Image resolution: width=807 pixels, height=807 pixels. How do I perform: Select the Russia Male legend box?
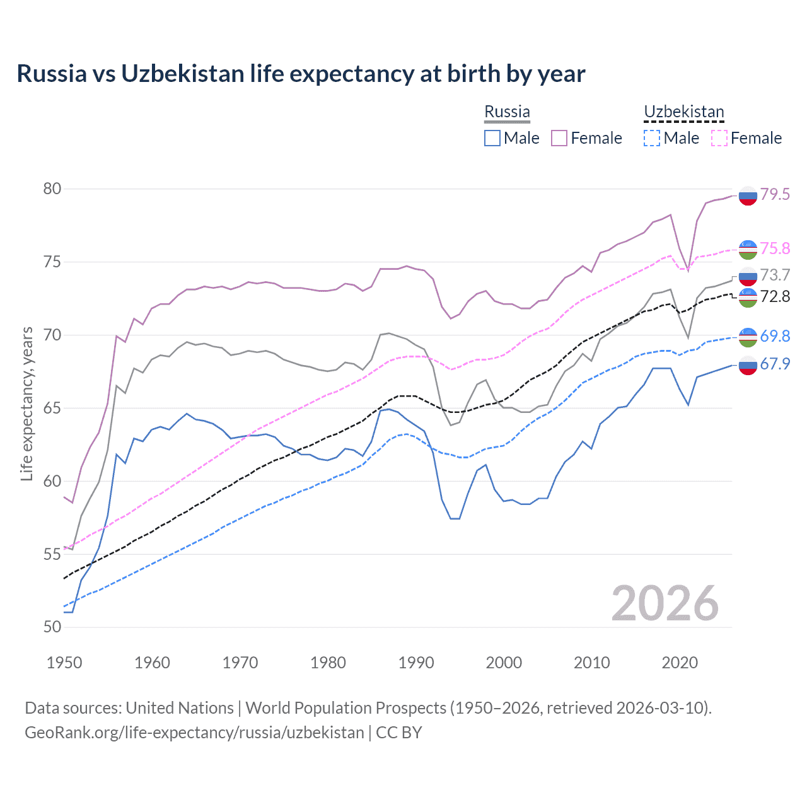click(492, 138)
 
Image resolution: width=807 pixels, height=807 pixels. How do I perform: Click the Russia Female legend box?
click(559, 138)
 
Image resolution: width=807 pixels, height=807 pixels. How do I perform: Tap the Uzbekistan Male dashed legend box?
click(652, 138)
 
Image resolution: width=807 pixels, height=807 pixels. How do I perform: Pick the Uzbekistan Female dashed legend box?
click(719, 138)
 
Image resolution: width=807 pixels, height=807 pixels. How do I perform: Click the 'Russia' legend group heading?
click(507, 112)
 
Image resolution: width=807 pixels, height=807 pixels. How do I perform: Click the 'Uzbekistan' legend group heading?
click(683, 112)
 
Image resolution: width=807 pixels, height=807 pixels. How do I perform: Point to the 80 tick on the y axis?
click(52, 189)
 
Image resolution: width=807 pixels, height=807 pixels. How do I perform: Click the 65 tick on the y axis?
click(52, 408)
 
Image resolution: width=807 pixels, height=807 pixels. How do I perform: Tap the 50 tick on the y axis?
click(52, 627)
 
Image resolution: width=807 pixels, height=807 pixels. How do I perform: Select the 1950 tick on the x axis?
click(64, 663)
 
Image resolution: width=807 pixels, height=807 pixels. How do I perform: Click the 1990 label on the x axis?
click(416, 663)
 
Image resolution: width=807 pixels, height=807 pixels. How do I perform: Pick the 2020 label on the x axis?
click(680, 663)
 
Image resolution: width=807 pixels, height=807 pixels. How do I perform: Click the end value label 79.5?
click(775, 194)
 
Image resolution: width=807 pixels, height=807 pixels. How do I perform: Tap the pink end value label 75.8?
click(775, 248)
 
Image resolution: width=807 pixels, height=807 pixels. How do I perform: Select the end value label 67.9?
click(775, 364)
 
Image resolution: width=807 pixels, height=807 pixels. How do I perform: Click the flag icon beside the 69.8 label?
click(748, 337)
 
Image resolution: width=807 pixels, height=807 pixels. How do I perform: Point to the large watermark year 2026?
click(665, 604)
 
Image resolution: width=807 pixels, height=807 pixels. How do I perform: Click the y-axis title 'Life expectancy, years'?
click(27, 404)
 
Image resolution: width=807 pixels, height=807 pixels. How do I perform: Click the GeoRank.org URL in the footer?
click(194, 733)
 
